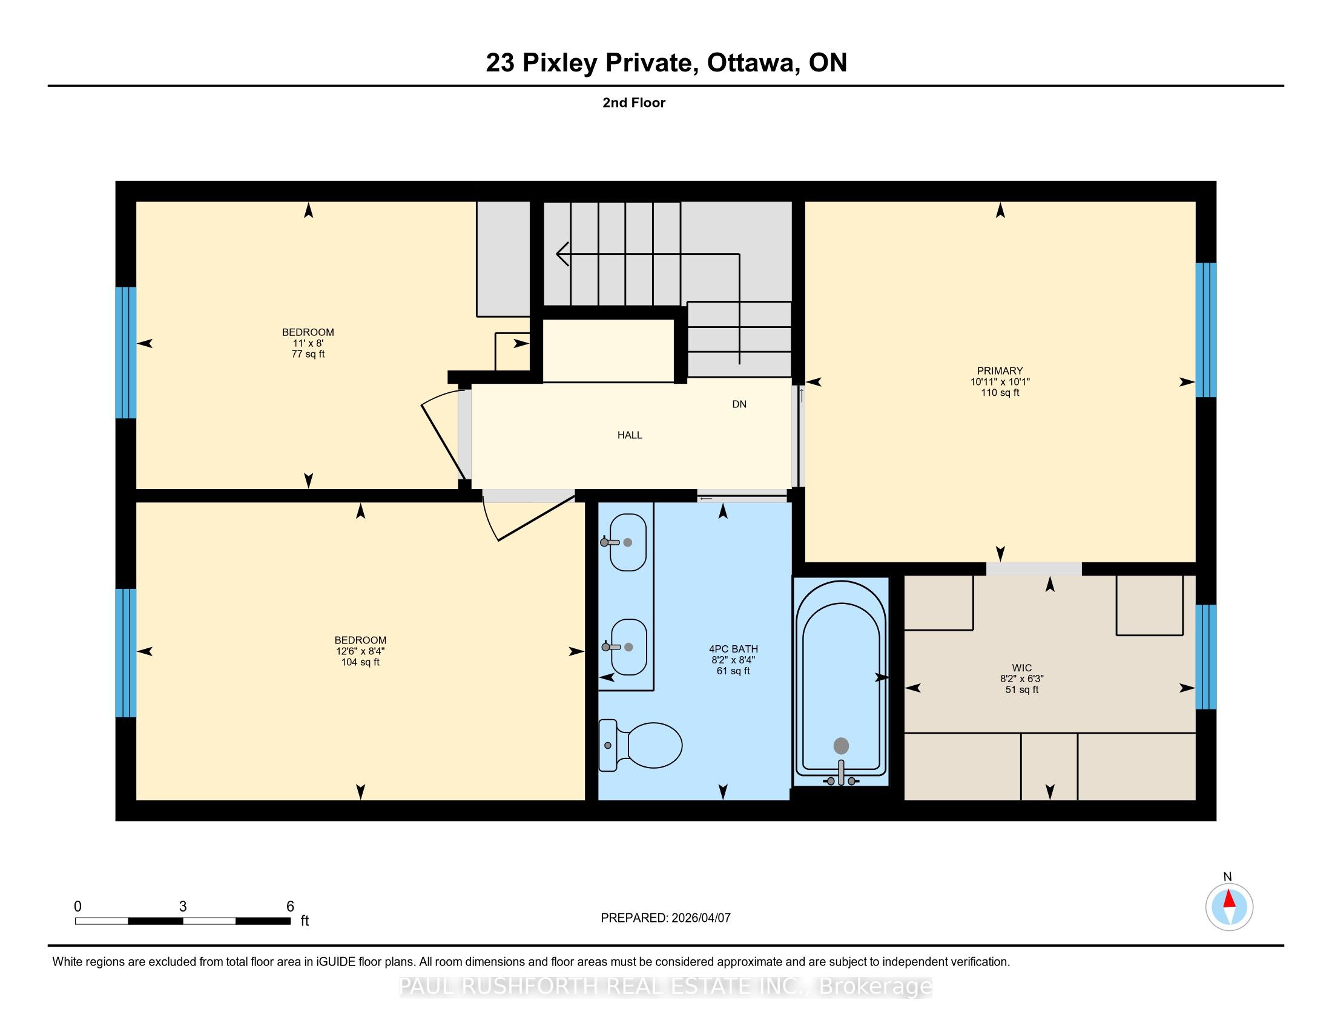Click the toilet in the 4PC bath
coord(640,745)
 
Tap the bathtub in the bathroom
coord(841,683)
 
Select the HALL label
coord(630,435)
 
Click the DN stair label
coord(739,404)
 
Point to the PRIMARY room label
coord(1000,370)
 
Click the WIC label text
coord(1021,668)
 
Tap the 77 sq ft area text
coord(308,354)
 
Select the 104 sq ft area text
coord(360,662)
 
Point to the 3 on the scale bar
coord(182,907)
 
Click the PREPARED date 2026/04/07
coord(700,918)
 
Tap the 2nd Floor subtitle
coord(634,102)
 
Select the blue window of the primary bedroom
coord(1205,330)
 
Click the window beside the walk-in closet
coord(1205,657)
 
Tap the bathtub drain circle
coord(841,745)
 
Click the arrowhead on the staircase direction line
coord(562,254)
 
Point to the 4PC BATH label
coord(733,649)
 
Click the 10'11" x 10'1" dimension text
coord(1000,381)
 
